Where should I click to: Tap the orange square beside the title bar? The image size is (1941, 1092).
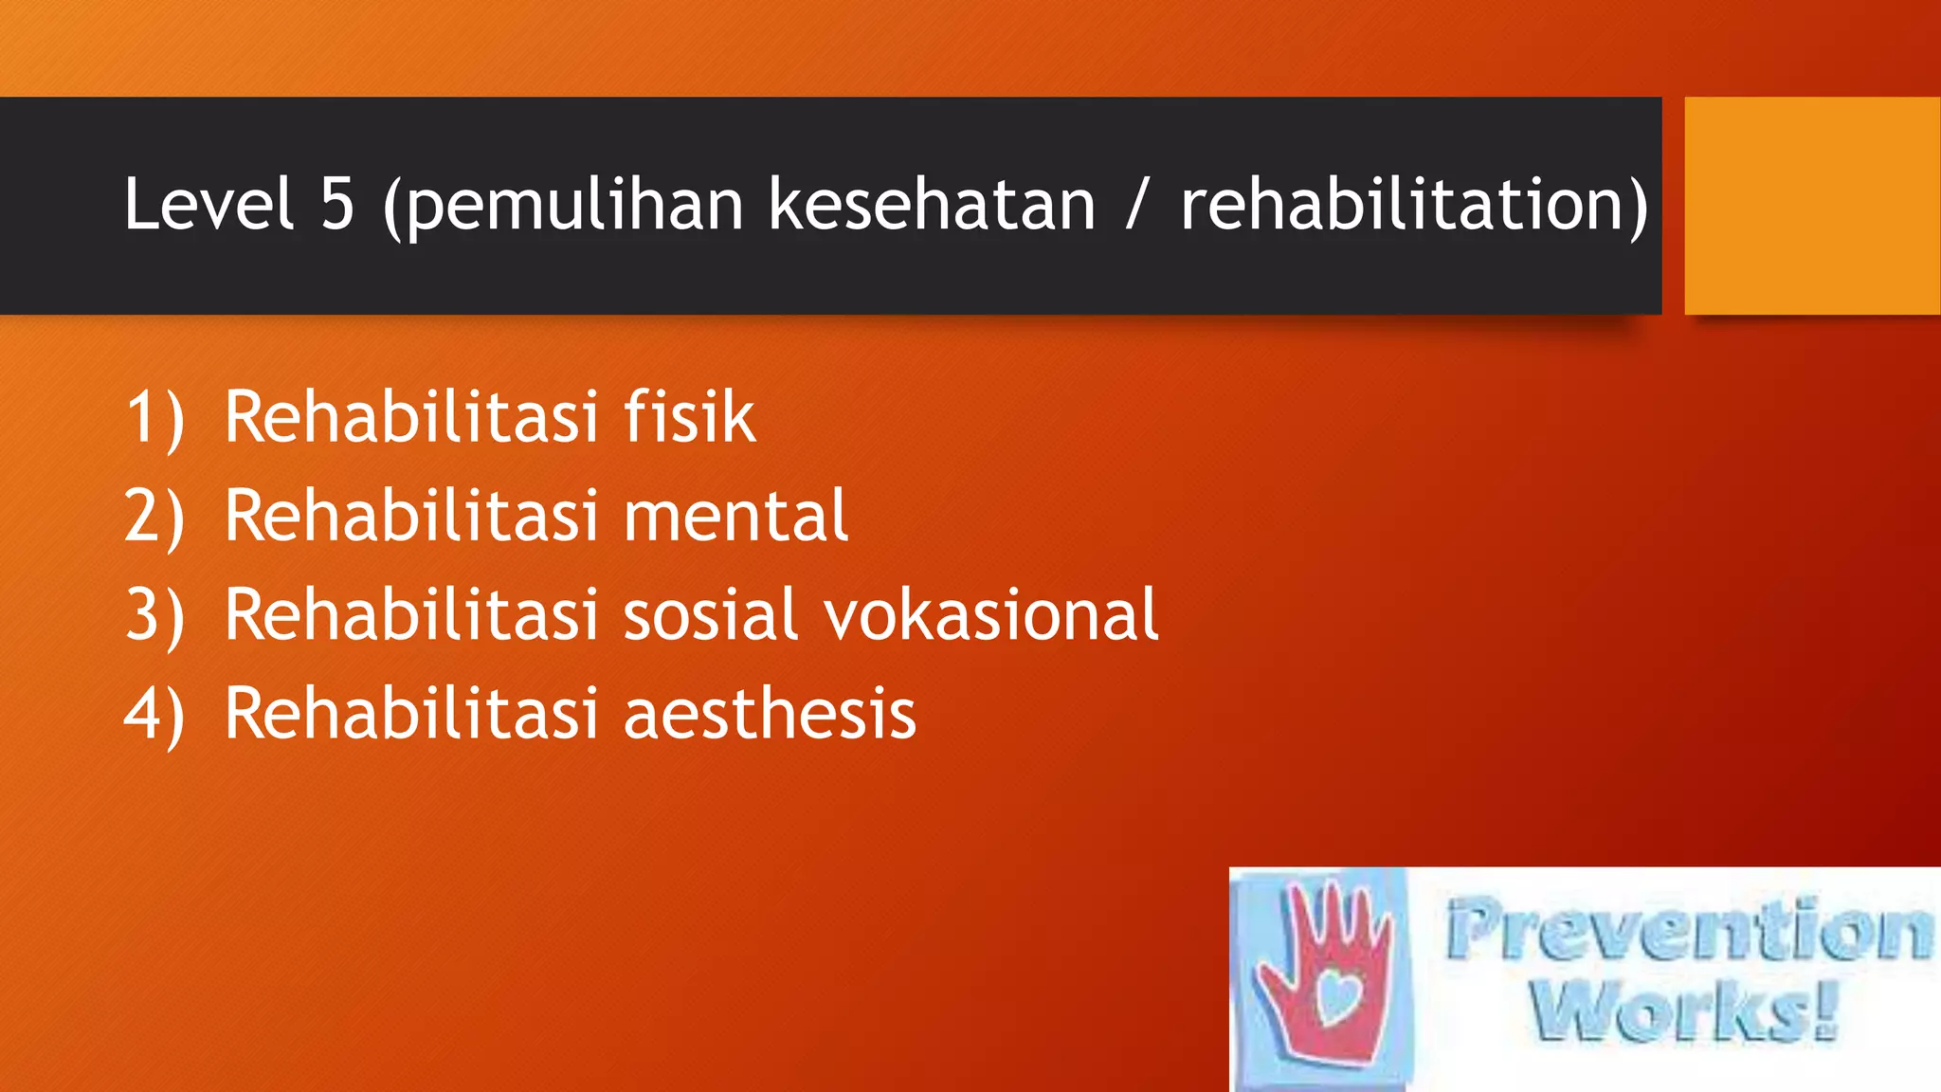click(x=1811, y=205)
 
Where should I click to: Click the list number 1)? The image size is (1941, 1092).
click(x=154, y=418)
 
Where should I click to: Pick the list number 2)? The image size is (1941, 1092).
click(x=154, y=517)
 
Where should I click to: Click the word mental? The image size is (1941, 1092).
click(x=735, y=516)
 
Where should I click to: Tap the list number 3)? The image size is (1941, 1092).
click(x=154, y=615)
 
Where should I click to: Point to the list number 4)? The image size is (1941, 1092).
click(x=154, y=714)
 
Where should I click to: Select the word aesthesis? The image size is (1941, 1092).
click(x=770, y=713)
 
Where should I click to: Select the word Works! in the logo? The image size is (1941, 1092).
click(x=1683, y=1010)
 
